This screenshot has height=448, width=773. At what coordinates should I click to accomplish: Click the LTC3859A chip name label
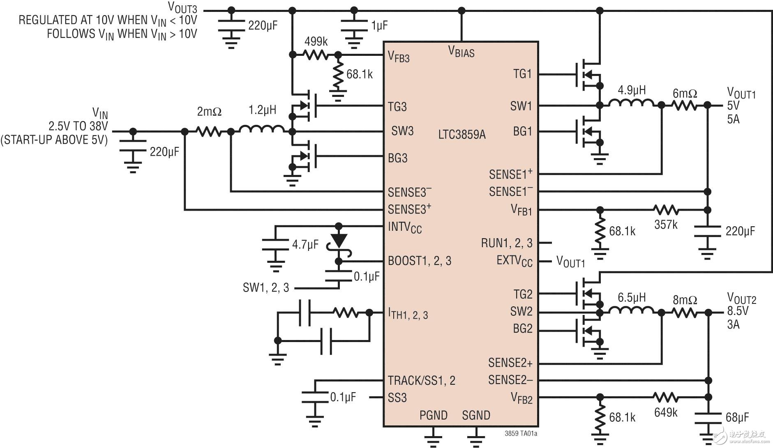point(461,134)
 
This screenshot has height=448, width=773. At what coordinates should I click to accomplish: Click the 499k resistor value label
point(316,41)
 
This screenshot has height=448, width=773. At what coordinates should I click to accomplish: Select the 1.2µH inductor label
point(262,110)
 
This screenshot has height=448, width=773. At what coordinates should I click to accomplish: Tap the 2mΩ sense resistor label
point(209,111)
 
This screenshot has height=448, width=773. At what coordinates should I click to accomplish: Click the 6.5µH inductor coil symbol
point(631,310)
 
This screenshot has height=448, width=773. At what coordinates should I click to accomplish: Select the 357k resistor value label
point(665,225)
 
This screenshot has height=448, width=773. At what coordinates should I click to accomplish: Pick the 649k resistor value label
point(665,412)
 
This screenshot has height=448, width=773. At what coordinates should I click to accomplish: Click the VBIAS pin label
point(461,52)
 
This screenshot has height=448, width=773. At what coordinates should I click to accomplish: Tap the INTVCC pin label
point(405,227)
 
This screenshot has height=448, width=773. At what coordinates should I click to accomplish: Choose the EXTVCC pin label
point(515,261)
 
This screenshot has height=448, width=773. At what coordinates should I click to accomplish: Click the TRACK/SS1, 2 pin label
point(421,381)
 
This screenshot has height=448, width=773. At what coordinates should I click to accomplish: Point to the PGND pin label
point(433,416)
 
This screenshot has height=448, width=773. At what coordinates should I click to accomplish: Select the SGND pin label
point(476,416)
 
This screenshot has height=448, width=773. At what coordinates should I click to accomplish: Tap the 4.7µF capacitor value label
point(305,245)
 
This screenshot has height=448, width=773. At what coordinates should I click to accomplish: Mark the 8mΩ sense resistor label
point(685,300)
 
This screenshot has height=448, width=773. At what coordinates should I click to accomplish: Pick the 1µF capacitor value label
point(379,26)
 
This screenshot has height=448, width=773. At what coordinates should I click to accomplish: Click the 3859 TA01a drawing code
point(521,434)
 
